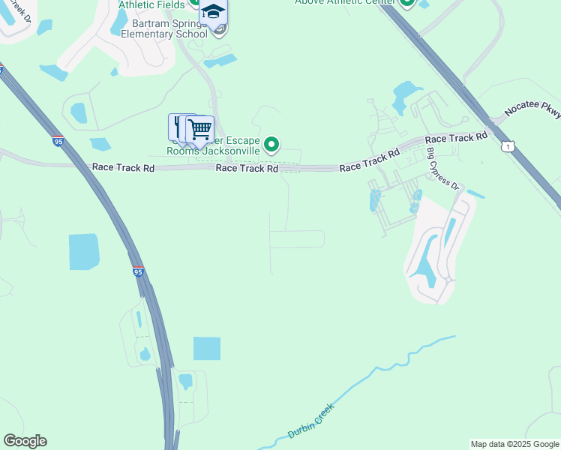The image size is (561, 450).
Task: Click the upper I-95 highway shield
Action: (58, 140)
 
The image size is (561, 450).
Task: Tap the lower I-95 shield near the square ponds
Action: (138, 271)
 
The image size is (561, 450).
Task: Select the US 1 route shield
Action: (508, 146)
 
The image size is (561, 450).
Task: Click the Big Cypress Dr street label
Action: (442, 169)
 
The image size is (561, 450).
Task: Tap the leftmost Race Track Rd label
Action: (123, 168)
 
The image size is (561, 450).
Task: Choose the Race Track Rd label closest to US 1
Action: (456, 139)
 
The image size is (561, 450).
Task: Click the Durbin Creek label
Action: (310, 421)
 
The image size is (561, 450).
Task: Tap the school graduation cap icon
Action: (213, 13)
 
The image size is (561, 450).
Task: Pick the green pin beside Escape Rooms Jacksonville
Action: (273, 144)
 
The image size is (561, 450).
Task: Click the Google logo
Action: (25, 441)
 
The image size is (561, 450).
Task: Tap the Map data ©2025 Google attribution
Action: (514, 444)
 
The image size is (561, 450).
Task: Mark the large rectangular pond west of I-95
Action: (84, 251)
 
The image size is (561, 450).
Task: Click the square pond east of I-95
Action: (207, 349)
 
